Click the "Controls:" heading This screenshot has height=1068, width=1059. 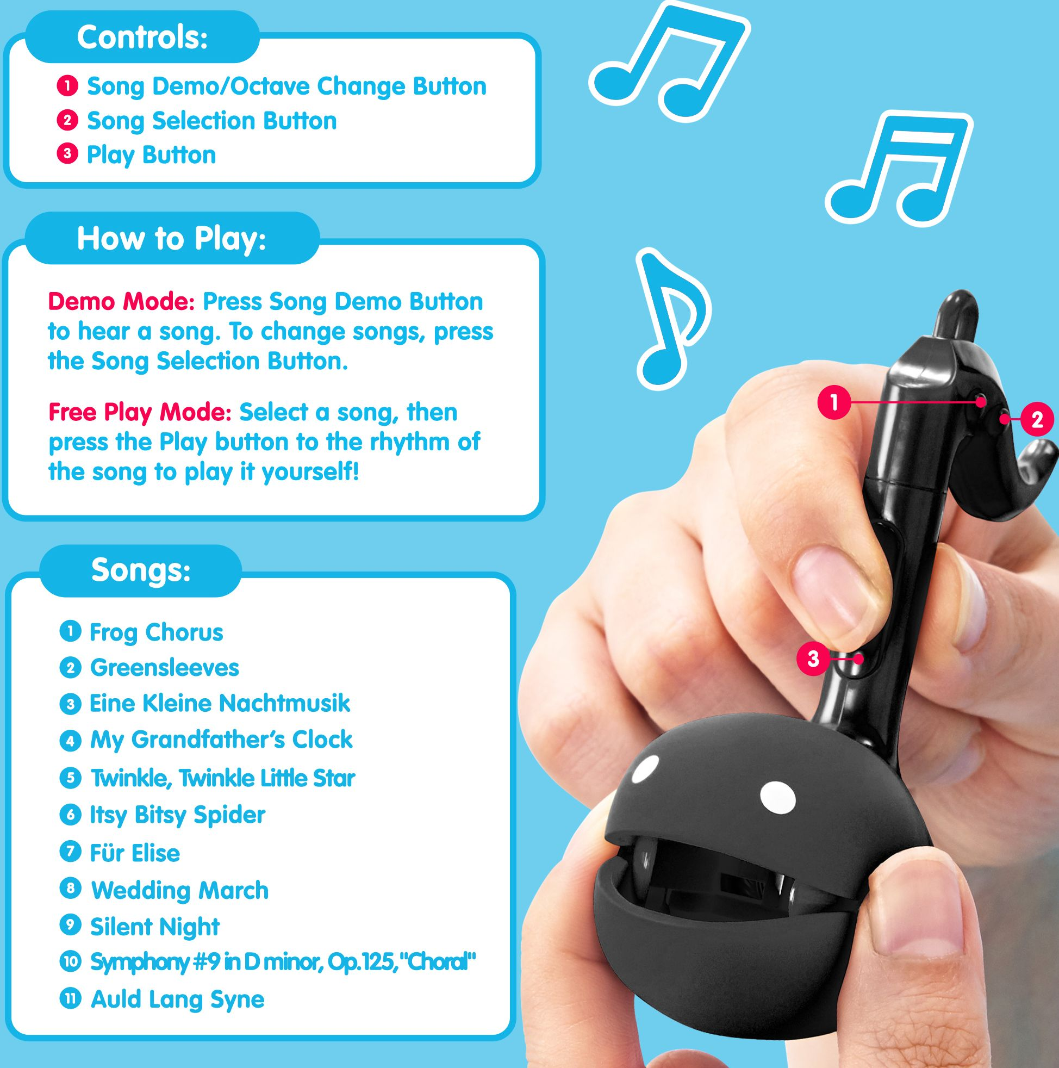(142, 38)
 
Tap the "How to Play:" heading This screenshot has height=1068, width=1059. (171, 239)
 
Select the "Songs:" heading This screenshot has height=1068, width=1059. (141, 570)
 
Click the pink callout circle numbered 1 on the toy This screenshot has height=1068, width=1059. (834, 402)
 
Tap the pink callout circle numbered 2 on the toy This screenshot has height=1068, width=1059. (1037, 420)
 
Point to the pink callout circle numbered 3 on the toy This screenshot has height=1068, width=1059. (813, 659)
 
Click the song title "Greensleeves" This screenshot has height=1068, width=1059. (164, 668)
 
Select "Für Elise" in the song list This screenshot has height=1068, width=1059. (135, 853)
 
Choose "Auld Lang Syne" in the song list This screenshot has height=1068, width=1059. (177, 999)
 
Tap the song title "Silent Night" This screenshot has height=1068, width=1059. (155, 927)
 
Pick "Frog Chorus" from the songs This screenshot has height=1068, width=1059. (157, 632)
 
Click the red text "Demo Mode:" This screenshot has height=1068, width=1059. (122, 302)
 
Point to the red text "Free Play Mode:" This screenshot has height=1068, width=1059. (140, 412)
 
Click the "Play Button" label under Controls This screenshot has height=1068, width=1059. (152, 156)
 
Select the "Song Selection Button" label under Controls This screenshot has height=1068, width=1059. (211, 121)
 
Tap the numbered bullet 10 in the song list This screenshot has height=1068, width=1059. (70, 962)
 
